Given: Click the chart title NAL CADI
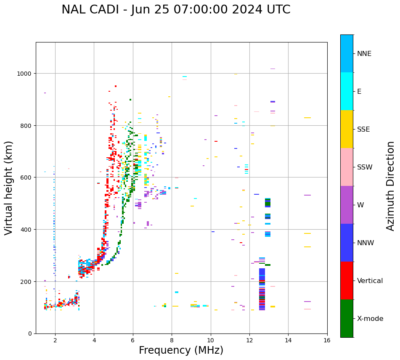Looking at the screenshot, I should tap(97, 10).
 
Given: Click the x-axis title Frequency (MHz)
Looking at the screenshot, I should tap(181, 350).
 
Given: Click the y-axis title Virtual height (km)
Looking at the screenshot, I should tap(9, 188).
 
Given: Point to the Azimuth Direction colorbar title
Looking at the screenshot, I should tap(391, 186).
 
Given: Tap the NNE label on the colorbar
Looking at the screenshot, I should tap(364, 54).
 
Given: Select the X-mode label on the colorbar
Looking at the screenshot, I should tap(370, 319).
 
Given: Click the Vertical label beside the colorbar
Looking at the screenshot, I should tap(370, 281).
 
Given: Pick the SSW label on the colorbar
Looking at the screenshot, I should tap(365, 167).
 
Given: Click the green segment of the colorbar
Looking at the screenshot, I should tap(347, 318).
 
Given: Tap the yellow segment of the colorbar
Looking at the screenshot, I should tap(347, 129).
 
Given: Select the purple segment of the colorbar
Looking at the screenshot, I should tap(347, 205).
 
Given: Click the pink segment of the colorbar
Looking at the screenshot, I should tap(347, 167).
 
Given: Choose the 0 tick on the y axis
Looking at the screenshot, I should tap(31, 334).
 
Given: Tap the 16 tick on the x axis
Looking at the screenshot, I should tap(327, 340).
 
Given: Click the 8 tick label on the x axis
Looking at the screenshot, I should tap(172, 340).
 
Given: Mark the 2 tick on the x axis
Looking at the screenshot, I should tap(55, 340).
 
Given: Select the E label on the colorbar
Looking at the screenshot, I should tap(359, 92).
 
